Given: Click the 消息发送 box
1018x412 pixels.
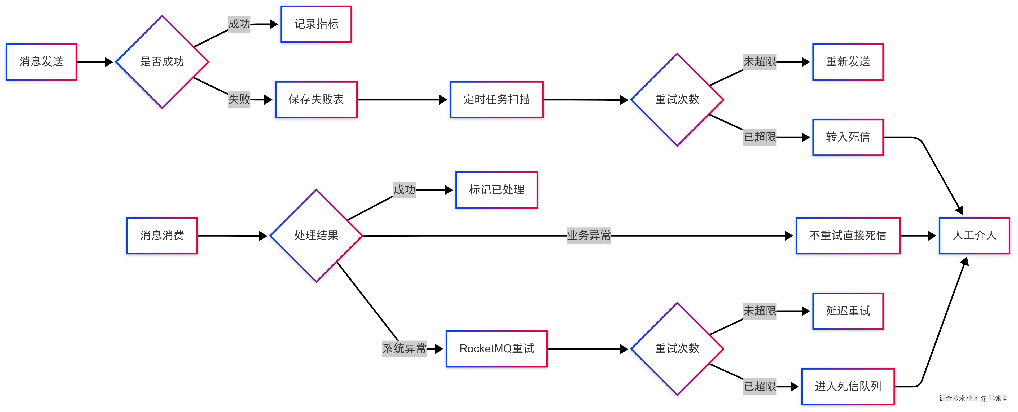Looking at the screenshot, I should (41, 62).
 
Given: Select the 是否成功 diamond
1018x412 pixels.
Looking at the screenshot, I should (162, 62).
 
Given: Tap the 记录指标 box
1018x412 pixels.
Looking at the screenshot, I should (316, 24).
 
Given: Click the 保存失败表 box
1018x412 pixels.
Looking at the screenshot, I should (316, 100).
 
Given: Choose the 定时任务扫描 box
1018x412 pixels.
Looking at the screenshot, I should (497, 100).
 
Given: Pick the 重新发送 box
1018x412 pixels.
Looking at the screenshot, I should (848, 62).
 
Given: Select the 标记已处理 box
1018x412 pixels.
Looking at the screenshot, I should (497, 190).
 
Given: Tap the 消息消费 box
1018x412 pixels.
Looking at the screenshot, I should (162, 236).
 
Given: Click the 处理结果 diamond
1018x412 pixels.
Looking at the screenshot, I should (316, 236).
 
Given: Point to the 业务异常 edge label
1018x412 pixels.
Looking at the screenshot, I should (589, 236).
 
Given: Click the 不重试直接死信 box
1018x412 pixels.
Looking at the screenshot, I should (848, 236).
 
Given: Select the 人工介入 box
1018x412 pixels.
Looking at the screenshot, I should (974, 236).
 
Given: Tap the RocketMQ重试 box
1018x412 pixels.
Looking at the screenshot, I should (497, 349).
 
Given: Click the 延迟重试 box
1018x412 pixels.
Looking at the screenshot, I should (848, 311).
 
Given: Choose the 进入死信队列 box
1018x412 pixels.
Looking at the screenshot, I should (848, 386).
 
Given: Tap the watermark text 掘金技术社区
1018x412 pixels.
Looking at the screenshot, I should (959, 398).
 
